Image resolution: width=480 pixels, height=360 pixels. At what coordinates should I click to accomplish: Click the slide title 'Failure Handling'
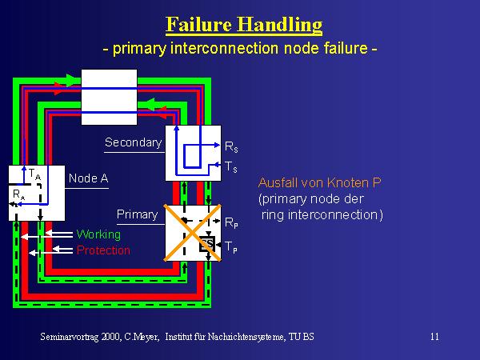point(243,24)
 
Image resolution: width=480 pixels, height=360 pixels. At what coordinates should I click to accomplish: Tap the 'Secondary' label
point(133,143)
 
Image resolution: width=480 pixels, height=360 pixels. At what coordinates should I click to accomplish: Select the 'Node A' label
point(89,178)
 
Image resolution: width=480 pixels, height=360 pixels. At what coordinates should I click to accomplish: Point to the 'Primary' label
point(137,214)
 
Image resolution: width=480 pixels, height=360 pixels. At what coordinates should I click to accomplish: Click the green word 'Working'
point(98,234)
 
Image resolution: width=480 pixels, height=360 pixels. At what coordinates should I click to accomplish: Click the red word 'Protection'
point(103,250)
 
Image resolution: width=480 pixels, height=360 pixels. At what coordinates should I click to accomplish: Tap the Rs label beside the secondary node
point(230,148)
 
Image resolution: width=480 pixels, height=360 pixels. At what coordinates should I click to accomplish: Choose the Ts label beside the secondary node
point(230,167)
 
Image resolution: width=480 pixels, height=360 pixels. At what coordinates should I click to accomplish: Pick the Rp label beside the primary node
point(230,223)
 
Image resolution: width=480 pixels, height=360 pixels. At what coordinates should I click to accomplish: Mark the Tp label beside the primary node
point(230,247)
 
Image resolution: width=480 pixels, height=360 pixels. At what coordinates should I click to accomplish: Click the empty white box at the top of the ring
point(110,96)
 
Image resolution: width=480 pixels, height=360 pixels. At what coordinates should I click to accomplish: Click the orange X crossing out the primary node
point(193,231)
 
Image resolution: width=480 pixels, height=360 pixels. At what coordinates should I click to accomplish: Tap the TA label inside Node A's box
point(34,174)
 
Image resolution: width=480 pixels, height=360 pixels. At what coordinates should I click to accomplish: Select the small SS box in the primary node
point(206,242)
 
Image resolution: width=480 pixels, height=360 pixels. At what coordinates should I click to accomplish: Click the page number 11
point(434,337)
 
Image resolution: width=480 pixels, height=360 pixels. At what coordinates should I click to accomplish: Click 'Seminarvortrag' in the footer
point(72,337)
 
